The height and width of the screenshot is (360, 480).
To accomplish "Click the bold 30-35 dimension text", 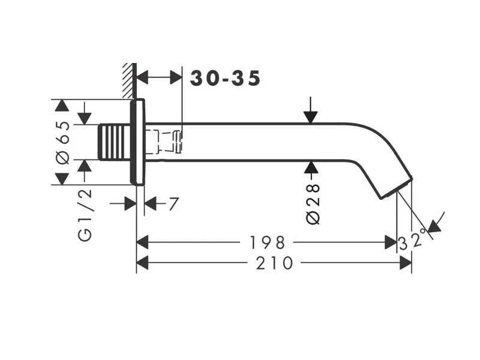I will tap(226, 78).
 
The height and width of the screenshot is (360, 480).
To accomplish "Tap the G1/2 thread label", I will tap(86, 214).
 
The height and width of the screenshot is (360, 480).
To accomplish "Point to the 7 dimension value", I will tap(173, 204).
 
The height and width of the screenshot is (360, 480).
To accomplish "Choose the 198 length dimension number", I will tap(267, 242).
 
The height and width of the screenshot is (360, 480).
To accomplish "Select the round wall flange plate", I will tap(137, 143).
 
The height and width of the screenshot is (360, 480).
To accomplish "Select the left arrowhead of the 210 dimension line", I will tap(143, 263).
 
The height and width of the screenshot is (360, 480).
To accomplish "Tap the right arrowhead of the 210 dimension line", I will tap(406, 263).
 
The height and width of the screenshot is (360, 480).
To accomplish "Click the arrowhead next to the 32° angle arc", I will tap(436, 223).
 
